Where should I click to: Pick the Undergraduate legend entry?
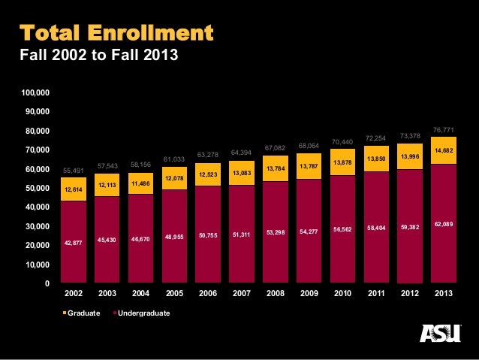pyautogui.click(x=141, y=313)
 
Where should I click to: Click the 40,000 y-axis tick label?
pyautogui.click(x=38, y=207)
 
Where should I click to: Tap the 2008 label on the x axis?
pyautogui.click(x=276, y=293)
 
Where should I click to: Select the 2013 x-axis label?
pyautogui.click(x=443, y=293)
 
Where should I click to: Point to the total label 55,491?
pyautogui.click(x=74, y=171)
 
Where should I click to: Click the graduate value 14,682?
pyautogui.click(x=443, y=150)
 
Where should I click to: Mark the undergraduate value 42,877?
pyautogui.click(x=74, y=242)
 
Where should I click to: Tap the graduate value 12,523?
pyautogui.click(x=208, y=174)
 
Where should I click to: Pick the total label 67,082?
pyautogui.click(x=276, y=147)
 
